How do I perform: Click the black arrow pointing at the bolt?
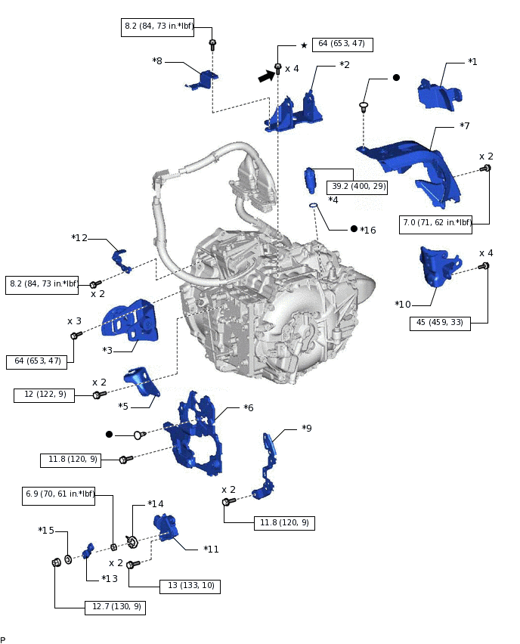(266, 76)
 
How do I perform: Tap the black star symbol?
(304, 45)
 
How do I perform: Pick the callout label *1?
(473, 62)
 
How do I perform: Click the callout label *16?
(367, 230)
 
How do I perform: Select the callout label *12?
(80, 238)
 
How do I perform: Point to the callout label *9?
(307, 429)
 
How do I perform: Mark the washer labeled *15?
(68, 559)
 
